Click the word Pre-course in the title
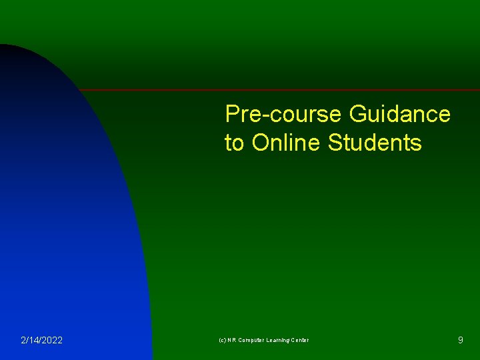click(x=284, y=115)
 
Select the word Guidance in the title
click(x=400, y=115)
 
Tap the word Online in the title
click(x=287, y=143)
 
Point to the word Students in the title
click(x=375, y=143)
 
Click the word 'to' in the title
click(x=234, y=143)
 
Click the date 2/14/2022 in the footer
click(x=42, y=341)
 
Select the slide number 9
click(x=460, y=341)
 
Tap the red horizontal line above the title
click(x=280, y=90)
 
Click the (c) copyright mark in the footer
click(x=222, y=341)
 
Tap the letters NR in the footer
click(x=232, y=341)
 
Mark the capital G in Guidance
click(x=357, y=115)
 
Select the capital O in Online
click(x=260, y=143)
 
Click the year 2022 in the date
click(x=52, y=341)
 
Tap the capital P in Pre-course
click(x=232, y=115)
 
